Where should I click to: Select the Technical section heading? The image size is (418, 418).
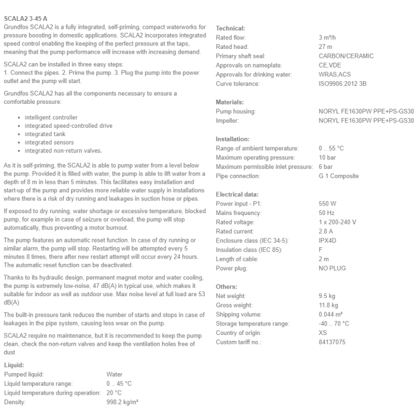[230, 28]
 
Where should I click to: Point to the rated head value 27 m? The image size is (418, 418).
[326, 47]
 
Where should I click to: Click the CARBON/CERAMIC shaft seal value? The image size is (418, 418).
[346, 56]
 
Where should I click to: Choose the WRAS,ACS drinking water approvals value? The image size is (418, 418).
[335, 75]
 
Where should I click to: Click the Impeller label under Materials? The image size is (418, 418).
[228, 121]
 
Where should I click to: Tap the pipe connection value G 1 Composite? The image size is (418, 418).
[339, 176]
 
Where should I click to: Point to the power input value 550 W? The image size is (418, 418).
[328, 204]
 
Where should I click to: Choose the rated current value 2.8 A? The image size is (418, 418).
[327, 231]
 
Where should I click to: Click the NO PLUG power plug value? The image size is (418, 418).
[333, 268]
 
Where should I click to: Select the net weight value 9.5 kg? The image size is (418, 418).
[328, 296]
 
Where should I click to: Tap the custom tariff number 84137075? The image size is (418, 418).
[332, 342]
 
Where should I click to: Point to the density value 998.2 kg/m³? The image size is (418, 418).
[122, 402]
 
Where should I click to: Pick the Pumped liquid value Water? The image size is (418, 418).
[115, 374]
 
